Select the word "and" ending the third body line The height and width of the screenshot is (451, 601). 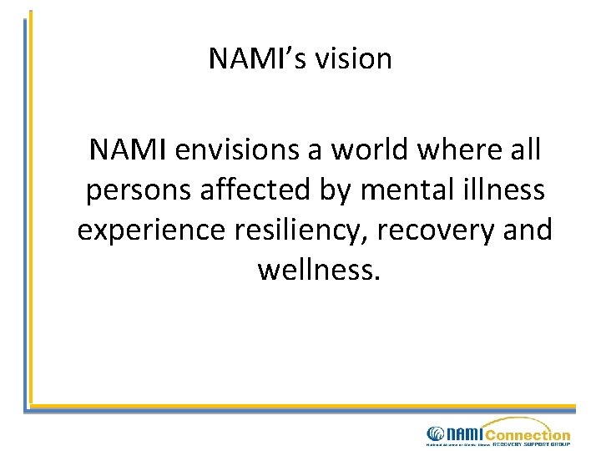[x=528, y=230]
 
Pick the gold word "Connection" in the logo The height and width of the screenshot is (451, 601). [x=528, y=434]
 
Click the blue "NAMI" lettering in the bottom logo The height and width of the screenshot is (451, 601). [x=465, y=433]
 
